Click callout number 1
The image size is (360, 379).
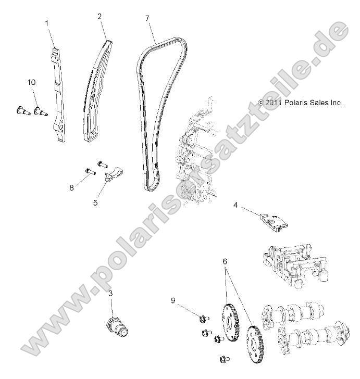[x=47, y=23]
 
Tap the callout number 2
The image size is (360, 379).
[x=99, y=17]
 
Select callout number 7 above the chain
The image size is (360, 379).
[x=147, y=19]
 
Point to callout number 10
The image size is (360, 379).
[x=32, y=82]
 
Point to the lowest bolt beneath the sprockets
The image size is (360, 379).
[x=225, y=358]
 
